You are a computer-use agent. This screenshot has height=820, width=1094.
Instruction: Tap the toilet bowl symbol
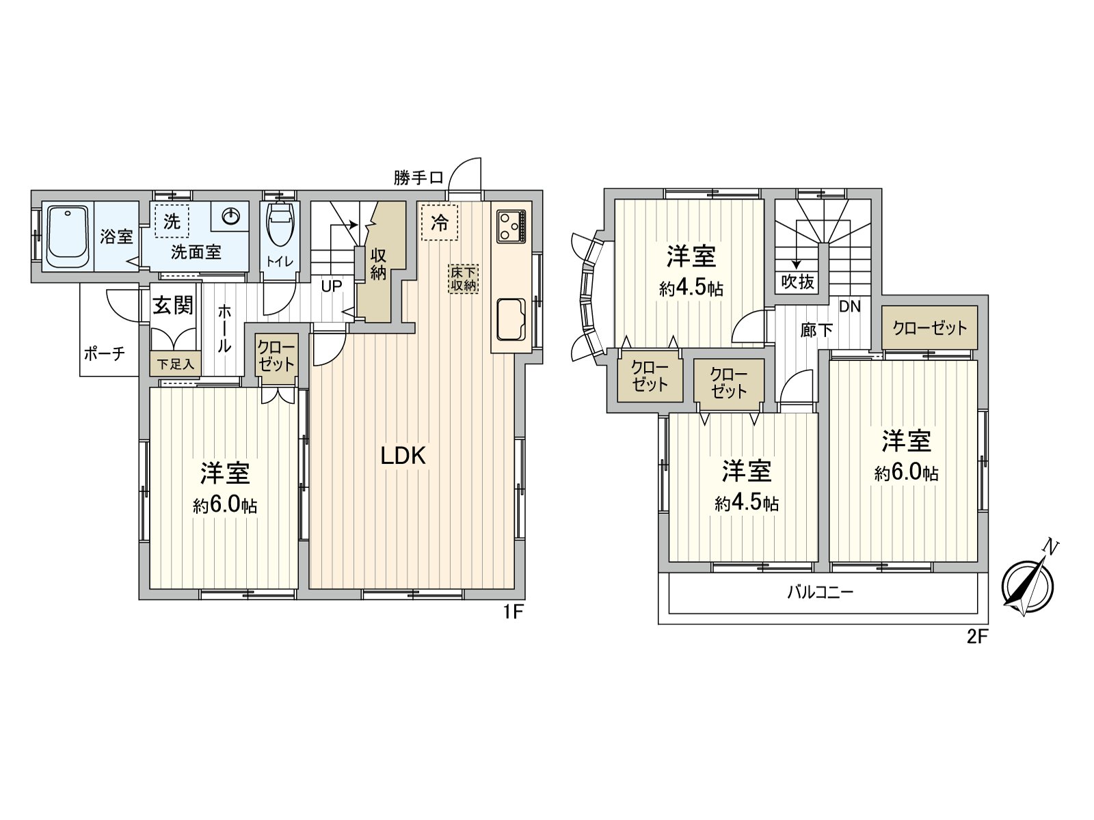point(280,229)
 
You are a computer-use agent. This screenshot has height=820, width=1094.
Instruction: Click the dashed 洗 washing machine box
point(172,221)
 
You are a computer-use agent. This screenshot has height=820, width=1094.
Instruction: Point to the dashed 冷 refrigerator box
point(439,223)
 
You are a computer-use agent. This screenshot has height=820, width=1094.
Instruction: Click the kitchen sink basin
point(510,319)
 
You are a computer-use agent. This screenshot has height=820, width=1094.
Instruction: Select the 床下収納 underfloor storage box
point(464,278)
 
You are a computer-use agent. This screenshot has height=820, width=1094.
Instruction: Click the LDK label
point(403,456)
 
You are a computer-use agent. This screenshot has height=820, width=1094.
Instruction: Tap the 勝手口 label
point(418,178)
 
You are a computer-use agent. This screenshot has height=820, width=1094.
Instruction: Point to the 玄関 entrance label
point(172,305)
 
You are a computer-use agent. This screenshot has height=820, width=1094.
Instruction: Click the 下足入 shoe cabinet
point(176,364)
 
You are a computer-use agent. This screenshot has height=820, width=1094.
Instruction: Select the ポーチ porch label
point(105,353)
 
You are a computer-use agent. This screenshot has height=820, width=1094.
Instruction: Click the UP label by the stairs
point(331,286)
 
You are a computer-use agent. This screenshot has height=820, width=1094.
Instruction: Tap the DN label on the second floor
point(849,307)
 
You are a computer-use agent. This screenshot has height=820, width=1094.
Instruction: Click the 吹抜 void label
point(797,281)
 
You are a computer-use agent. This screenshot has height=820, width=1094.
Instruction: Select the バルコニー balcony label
point(820,592)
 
